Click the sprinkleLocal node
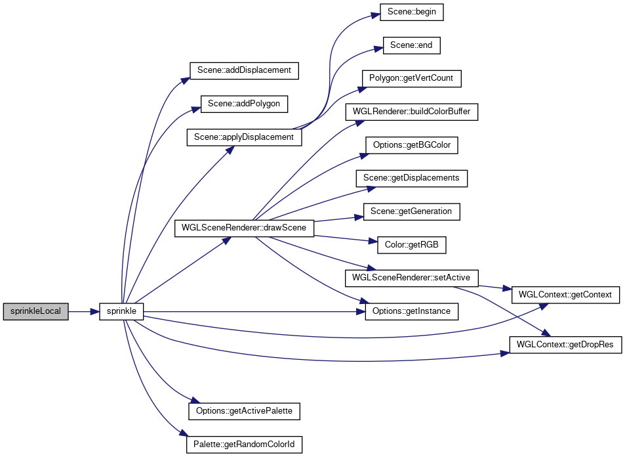(x=36, y=311)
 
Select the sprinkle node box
(x=121, y=311)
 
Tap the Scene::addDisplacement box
(x=244, y=70)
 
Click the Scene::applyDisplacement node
(x=244, y=137)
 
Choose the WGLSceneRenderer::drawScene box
(x=244, y=228)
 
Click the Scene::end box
(x=411, y=45)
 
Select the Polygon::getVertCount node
(x=411, y=79)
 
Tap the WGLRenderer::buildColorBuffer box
(x=411, y=112)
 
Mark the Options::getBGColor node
(x=411, y=145)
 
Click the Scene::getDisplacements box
(x=411, y=178)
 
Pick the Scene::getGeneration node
(x=411, y=211)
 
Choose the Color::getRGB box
(x=411, y=245)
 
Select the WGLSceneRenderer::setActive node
(x=411, y=278)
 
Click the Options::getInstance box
(x=411, y=311)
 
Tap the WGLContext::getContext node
(x=565, y=295)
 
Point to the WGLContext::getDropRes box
(x=565, y=345)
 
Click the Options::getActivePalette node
(x=244, y=412)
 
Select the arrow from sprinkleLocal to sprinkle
(x=84, y=311)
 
